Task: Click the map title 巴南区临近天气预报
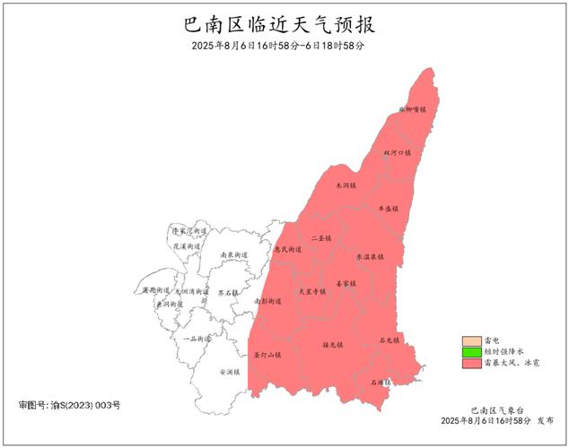[x=284, y=24]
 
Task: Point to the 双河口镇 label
[x=397, y=153]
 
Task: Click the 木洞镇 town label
[x=346, y=185]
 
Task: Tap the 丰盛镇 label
[x=388, y=208]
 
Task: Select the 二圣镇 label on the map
[x=321, y=239]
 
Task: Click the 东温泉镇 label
[x=371, y=256]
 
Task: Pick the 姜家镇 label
[x=346, y=283]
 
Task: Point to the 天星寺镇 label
[x=311, y=291]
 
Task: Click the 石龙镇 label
[x=389, y=340]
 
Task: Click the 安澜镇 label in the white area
[x=230, y=371]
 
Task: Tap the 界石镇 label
[x=227, y=292]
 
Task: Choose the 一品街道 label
[x=197, y=339]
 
